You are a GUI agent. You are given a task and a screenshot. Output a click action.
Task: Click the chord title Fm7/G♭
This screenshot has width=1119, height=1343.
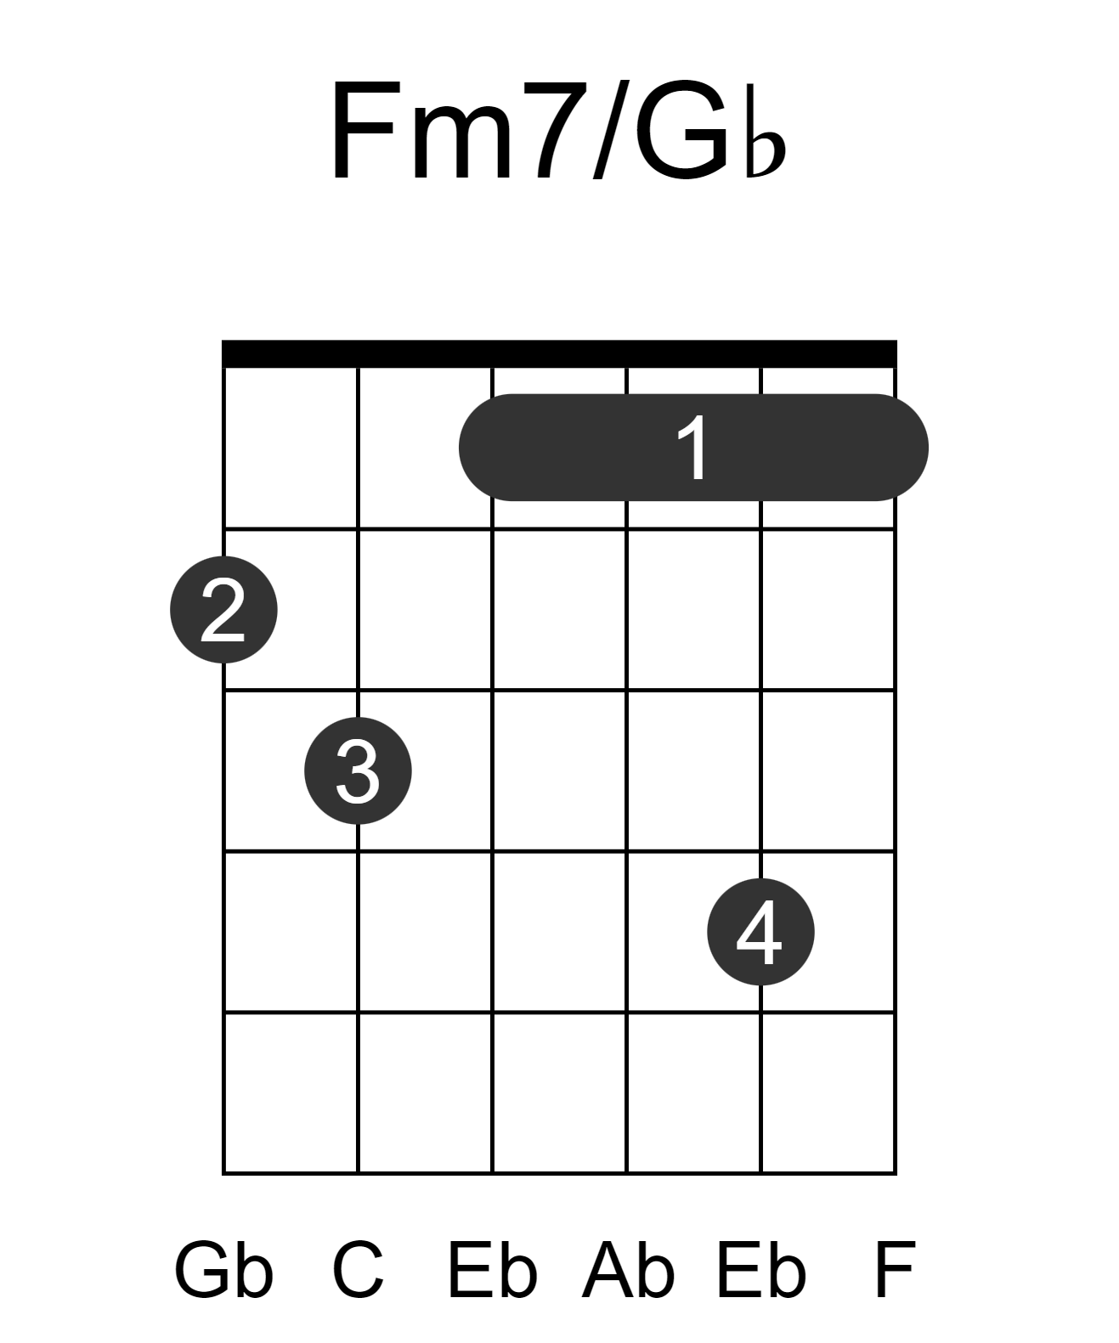(557, 131)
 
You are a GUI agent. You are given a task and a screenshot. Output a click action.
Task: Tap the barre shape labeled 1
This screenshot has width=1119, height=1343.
(693, 447)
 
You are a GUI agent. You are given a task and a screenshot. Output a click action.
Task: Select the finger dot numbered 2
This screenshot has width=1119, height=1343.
(223, 609)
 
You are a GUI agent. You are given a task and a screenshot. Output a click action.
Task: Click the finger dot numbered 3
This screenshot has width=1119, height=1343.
(358, 770)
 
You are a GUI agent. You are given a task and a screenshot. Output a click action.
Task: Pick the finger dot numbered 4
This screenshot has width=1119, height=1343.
(760, 932)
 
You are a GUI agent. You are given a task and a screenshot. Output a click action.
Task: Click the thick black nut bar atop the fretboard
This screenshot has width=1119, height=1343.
(559, 353)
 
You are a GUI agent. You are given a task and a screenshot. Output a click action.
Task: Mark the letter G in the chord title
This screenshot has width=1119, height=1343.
(683, 131)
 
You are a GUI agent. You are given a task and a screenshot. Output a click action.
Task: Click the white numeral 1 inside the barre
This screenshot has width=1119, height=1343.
(693, 448)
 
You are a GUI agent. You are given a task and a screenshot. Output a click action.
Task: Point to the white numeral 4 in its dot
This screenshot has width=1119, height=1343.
(760, 932)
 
